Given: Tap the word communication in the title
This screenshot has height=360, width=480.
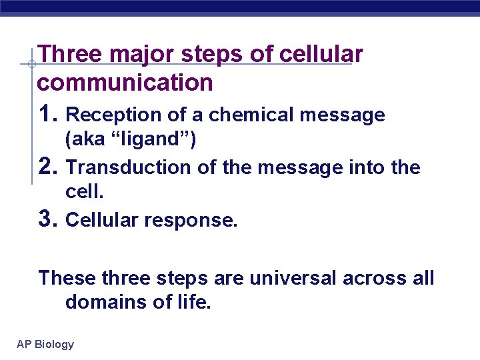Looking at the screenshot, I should coord(125,83).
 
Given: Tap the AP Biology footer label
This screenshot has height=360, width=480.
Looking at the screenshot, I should coord(45,344).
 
